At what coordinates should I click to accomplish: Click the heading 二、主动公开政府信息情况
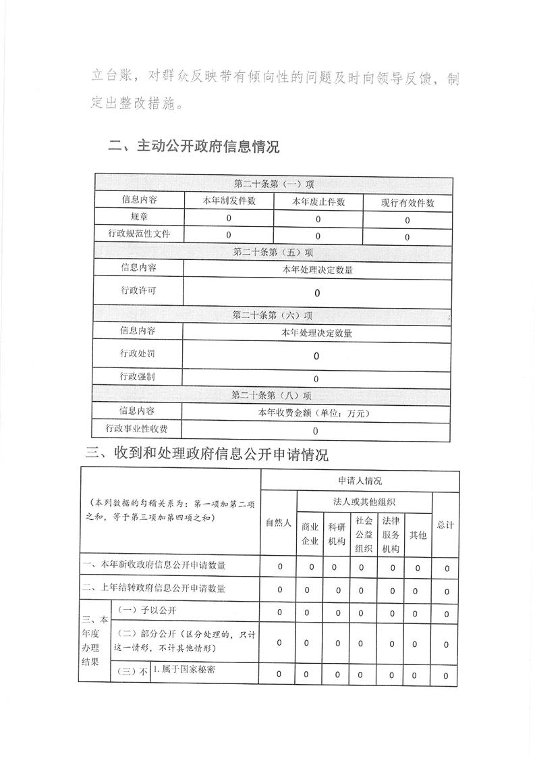pyautogui.click(x=194, y=147)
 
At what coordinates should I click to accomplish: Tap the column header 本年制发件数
pyautogui.click(x=229, y=201)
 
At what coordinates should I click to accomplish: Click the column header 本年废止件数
pyautogui.click(x=318, y=202)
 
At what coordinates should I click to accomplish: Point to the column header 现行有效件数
pyautogui.click(x=407, y=203)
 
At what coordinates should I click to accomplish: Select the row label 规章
pyautogui.click(x=139, y=217)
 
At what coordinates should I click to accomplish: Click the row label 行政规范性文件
pyautogui.click(x=139, y=234)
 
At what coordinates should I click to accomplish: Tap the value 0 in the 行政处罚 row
pyautogui.click(x=316, y=356)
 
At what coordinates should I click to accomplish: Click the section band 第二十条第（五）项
pyautogui.click(x=273, y=253)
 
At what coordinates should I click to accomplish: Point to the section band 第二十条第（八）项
pyautogui.click(x=272, y=395)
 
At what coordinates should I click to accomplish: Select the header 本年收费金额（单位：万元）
pyautogui.click(x=316, y=413)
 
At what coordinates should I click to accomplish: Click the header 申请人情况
pyautogui.click(x=360, y=481)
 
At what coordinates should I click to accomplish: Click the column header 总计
pyautogui.click(x=445, y=524)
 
